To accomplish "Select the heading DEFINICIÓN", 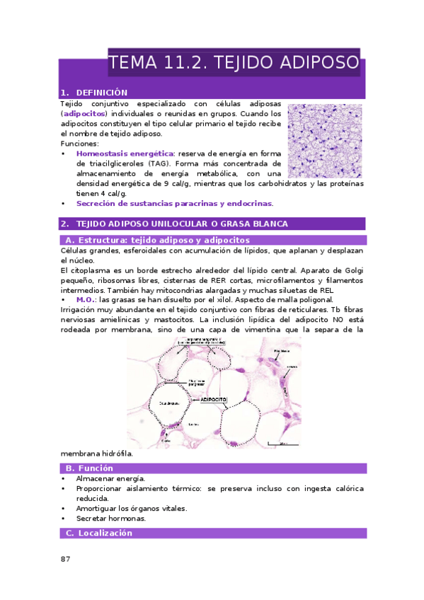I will (101, 93).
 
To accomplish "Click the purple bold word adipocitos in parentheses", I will (84, 113).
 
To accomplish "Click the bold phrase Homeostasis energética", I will (125, 154).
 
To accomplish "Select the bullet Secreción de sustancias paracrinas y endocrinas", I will (174, 204).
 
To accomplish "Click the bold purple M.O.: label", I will (86, 300).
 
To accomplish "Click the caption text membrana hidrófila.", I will (96, 454).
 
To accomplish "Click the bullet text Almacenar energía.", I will (105, 479).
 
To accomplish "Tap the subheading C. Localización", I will (98, 533).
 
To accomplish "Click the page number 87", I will (65, 559).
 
